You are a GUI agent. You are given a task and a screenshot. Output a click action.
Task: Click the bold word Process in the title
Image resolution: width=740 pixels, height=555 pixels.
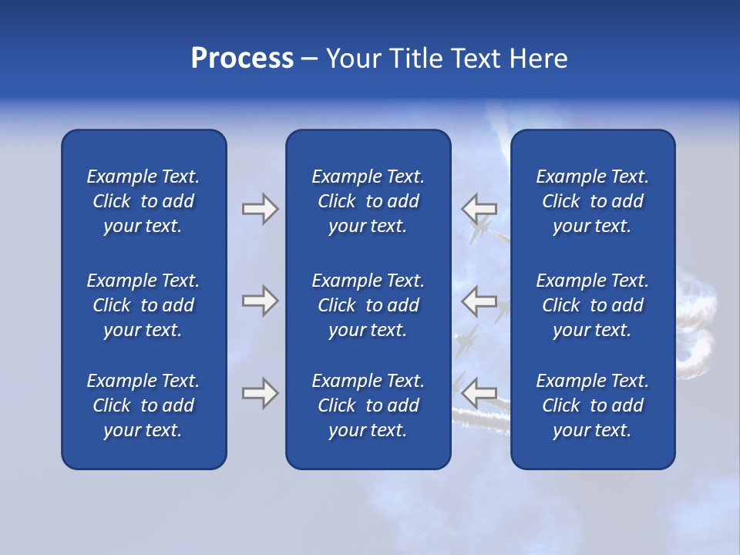tap(242, 59)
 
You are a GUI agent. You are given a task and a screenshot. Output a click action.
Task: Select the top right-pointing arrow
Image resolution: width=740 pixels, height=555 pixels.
tap(260, 209)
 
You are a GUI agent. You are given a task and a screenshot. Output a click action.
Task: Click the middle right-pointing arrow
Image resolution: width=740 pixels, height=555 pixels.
tap(260, 301)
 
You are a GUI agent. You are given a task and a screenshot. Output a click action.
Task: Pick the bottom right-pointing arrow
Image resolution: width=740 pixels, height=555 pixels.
tap(260, 393)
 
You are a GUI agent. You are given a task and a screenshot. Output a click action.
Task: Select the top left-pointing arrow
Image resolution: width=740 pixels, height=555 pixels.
tap(479, 209)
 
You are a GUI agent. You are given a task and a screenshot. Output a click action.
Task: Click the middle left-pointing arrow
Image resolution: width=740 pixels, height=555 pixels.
tap(479, 301)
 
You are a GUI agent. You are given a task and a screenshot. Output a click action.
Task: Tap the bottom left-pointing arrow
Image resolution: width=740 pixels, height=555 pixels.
tap(479, 393)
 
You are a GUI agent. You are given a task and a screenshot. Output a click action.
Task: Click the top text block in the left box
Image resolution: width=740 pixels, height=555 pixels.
tap(143, 201)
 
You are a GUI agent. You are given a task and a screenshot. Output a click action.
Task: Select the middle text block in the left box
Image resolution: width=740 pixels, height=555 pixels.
tap(143, 305)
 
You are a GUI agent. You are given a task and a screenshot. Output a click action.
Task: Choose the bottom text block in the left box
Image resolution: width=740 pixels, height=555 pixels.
tap(143, 405)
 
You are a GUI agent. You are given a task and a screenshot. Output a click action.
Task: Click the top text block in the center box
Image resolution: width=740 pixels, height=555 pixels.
tap(368, 201)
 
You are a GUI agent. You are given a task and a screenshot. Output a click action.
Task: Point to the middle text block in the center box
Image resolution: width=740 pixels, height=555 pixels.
tap(368, 305)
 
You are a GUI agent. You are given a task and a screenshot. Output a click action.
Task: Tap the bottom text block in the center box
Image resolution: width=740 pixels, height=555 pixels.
tap(368, 405)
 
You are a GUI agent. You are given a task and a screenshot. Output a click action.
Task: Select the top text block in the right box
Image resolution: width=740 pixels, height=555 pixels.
tap(592, 201)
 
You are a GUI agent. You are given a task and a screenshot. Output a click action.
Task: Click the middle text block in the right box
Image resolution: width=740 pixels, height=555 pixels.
tap(592, 305)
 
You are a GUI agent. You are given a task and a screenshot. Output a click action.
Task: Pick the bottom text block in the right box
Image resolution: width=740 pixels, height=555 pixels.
tap(592, 405)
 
